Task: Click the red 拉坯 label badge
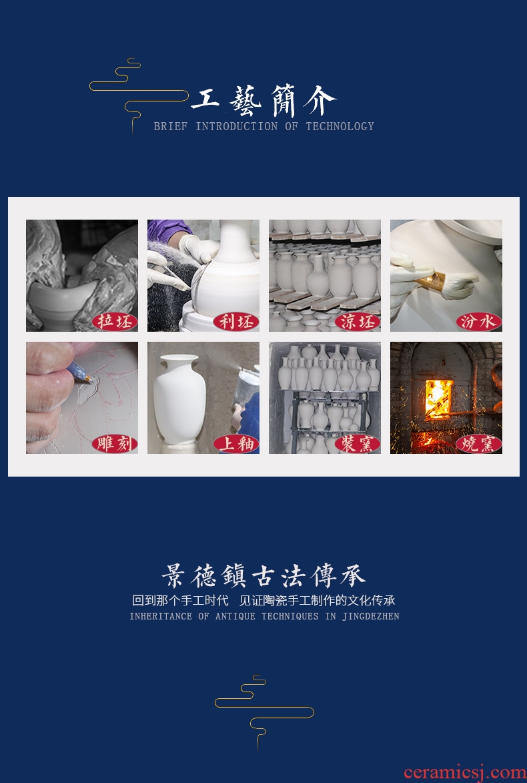[x=114, y=322]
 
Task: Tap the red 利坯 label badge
[x=235, y=322]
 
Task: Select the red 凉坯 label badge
[x=358, y=322]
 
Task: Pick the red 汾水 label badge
[x=478, y=322]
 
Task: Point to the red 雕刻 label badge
[x=114, y=444]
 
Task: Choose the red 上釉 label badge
[x=235, y=444]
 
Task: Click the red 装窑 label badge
[x=358, y=444]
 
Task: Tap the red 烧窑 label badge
[x=478, y=444]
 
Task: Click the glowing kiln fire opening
[x=439, y=399]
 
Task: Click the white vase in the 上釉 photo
[x=179, y=399]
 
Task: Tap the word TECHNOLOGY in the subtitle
[x=340, y=126]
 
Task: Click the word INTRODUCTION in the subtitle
[x=237, y=126]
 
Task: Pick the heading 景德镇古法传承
[x=263, y=576]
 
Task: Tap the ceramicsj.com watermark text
[x=464, y=772]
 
